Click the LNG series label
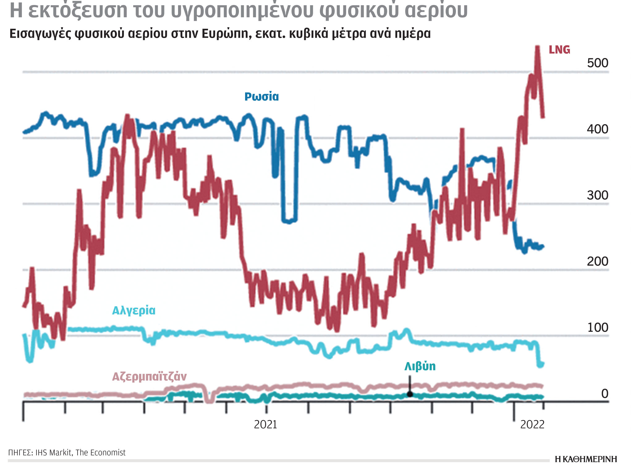[559, 50]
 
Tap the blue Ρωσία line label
[261, 97]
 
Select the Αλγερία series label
[134, 310]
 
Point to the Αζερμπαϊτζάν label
[149, 377]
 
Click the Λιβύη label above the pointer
[420, 366]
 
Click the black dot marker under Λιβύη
[410, 394]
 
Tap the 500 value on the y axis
[597, 63]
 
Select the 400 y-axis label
[597, 129]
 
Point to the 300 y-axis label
[597, 195]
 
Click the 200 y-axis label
[597, 261]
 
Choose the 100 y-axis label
[597, 328]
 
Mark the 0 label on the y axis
[605, 394]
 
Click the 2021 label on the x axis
[265, 424]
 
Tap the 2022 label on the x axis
[532, 424]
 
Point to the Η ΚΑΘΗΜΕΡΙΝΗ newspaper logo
[586, 459]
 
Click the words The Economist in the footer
[101, 453]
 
